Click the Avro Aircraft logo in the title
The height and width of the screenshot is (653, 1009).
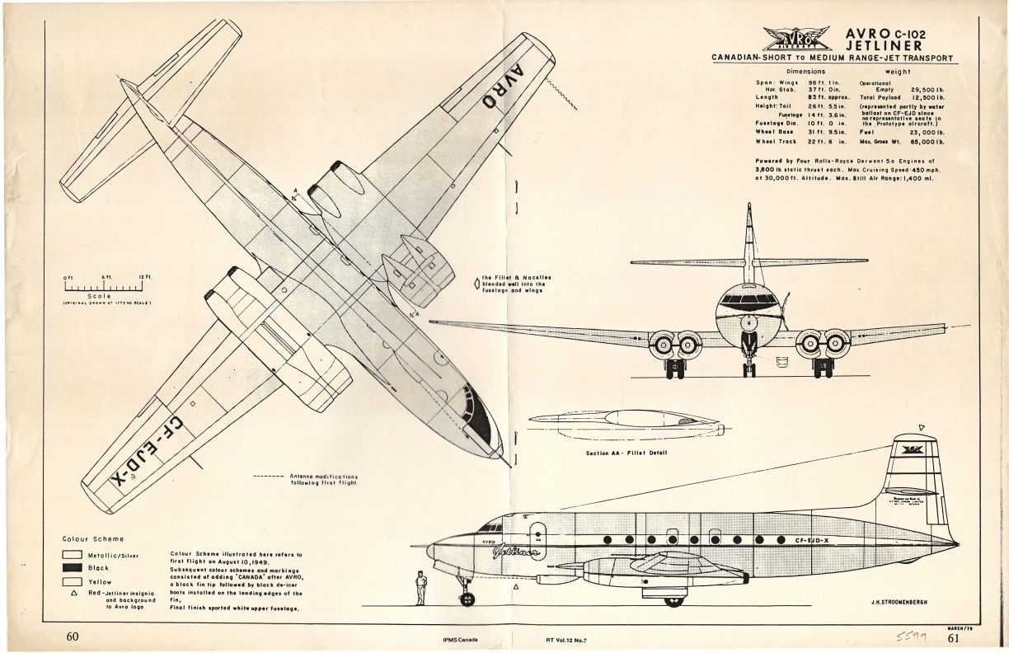coord(795,38)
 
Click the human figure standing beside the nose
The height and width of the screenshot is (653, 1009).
coord(421,586)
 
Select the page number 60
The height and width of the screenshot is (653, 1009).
coord(73,637)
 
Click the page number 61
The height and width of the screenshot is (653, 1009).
coord(954,637)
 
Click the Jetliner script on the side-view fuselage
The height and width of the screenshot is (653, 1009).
coord(518,552)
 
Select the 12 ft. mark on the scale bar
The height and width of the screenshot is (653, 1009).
coord(147,276)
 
